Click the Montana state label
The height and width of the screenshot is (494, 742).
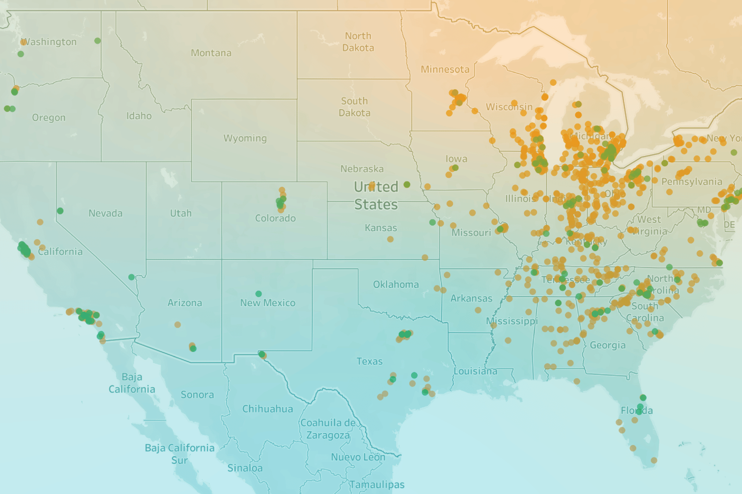[x=211, y=53]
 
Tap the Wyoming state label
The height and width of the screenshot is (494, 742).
[x=245, y=138]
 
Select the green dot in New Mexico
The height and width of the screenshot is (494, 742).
[x=259, y=294]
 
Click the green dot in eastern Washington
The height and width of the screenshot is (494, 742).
[x=97, y=41]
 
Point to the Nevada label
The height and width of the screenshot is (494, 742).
[x=105, y=213]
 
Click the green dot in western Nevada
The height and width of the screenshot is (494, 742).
[x=60, y=211]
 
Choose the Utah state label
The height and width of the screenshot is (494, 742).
[x=180, y=213]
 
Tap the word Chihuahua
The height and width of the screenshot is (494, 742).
[x=267, y=409]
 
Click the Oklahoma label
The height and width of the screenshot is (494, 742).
[x=396, y=285]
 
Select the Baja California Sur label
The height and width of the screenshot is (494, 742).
[x=179, y=454]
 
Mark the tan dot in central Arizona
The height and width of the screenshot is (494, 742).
[x=177, y=324]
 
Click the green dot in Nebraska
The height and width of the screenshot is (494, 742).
[x=407, y=185]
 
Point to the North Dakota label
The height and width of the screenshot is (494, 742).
[x=358, y=42]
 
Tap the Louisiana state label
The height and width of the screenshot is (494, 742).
[x=475, y=371]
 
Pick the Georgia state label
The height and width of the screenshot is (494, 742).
[x=607, y=345]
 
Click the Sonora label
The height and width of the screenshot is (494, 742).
[x=197, y=395]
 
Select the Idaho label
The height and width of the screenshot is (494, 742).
[x=139, y=116]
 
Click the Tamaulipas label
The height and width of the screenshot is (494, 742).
[x=377, y=484]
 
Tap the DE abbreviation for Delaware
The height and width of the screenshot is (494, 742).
[x=729, y=225]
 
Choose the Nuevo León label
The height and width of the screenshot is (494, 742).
[x=358, y=457]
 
